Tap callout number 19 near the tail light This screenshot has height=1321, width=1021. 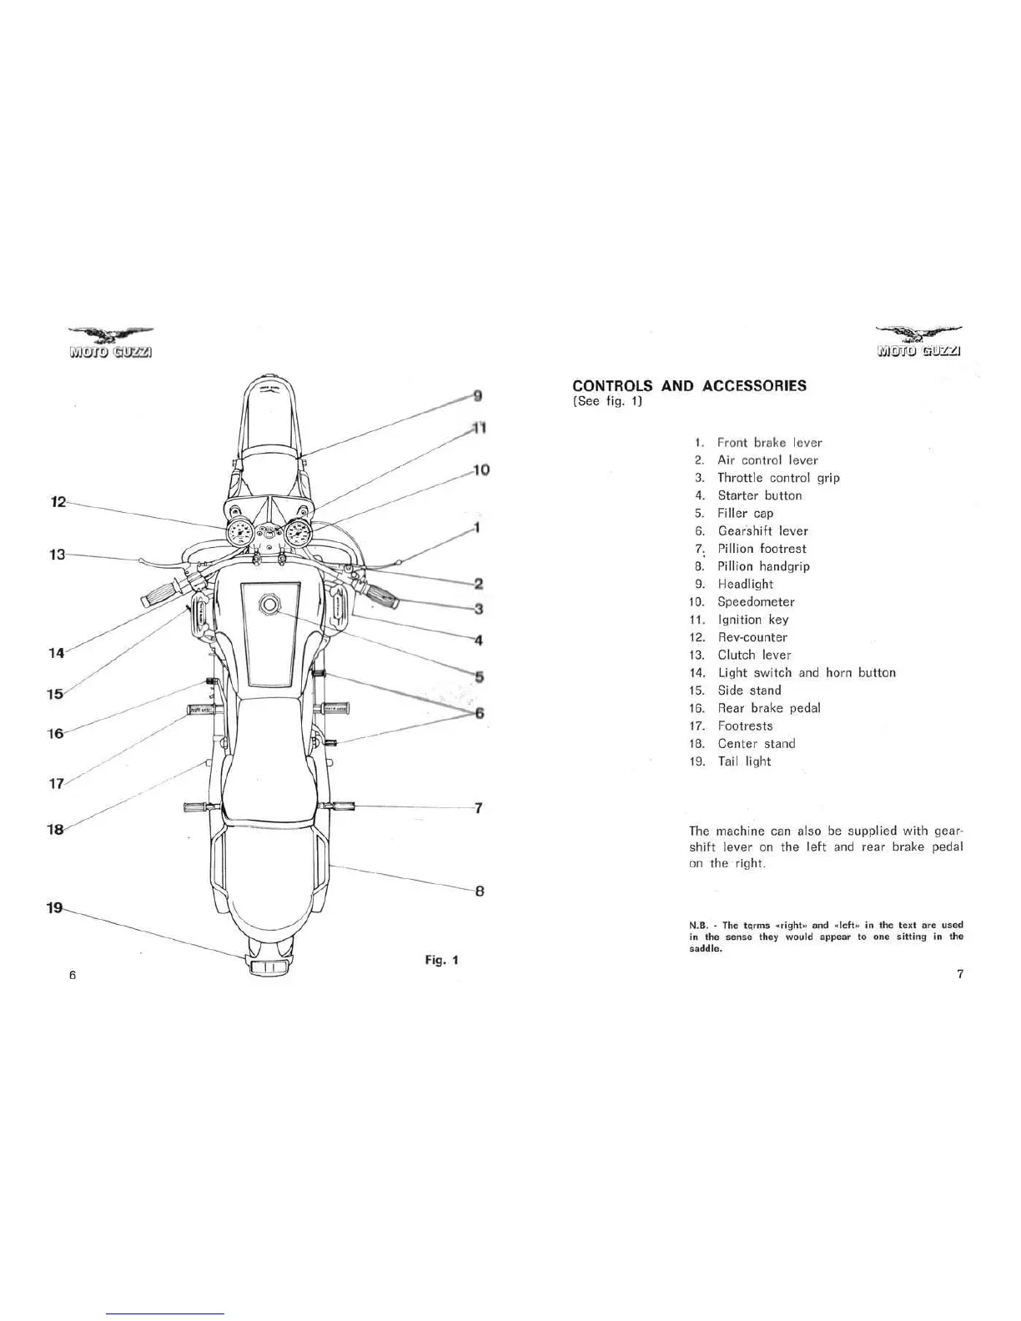(x=54, y=908)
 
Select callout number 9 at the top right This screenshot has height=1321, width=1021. (x=477, y=394)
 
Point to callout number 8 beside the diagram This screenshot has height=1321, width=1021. (x=479, y=891)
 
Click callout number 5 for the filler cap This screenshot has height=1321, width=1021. (x=480, y=676)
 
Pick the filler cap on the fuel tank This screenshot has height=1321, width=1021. (x=269, y=605)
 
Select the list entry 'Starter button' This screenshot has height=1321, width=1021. (x=759, y=495)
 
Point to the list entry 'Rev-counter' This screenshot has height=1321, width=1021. (x=752, y=637)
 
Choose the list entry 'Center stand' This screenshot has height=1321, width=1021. (x=756, y=743)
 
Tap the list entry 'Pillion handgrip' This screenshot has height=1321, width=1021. (x=763, y=566)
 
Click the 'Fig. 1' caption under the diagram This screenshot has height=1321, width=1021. (x=441, y=960)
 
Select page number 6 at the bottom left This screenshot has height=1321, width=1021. (x=73, y=975)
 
